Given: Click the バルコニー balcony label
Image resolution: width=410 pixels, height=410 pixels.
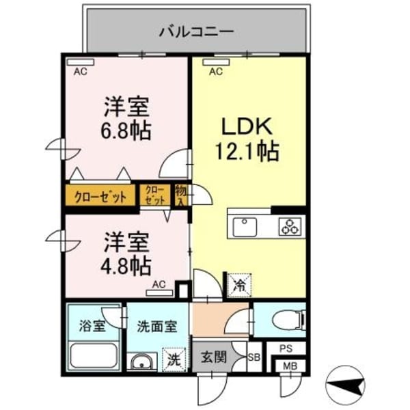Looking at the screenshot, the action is click(x=197, y=32).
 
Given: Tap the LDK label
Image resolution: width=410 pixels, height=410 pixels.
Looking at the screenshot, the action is click(x=247, y=126).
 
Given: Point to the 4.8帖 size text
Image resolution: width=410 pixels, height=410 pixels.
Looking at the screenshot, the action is click(x=126, y=266).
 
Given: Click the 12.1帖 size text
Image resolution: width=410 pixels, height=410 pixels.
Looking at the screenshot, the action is click(x=247, y=152).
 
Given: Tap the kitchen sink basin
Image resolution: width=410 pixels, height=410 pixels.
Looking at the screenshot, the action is click(x=245, y=227).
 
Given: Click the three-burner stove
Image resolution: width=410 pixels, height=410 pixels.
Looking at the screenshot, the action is click(x=290, y=227).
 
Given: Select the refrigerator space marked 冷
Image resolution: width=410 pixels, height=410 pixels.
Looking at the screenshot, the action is click(x=239, y=286).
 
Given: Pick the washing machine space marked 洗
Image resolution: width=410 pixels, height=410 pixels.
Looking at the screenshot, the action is click(x=174, y=359).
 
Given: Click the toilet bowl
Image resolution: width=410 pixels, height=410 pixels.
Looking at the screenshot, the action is click(x=288, y=319).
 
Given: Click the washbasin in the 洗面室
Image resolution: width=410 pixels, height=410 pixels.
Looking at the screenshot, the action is click(x=141, y=362).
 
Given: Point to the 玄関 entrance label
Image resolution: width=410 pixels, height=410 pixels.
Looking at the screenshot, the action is click(x=214, y=357).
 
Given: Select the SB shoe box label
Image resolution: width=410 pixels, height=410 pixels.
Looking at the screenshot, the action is click(x=254, y=357).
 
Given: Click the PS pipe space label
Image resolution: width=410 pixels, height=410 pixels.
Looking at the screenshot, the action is click(x=286, y=348).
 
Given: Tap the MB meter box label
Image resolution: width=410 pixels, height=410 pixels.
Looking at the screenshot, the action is click(x=290, y=366).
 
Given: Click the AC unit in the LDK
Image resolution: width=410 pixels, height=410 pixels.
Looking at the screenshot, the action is click(x=216, y=62).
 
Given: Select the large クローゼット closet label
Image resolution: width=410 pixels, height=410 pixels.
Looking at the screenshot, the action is click(x=100, y=197).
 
